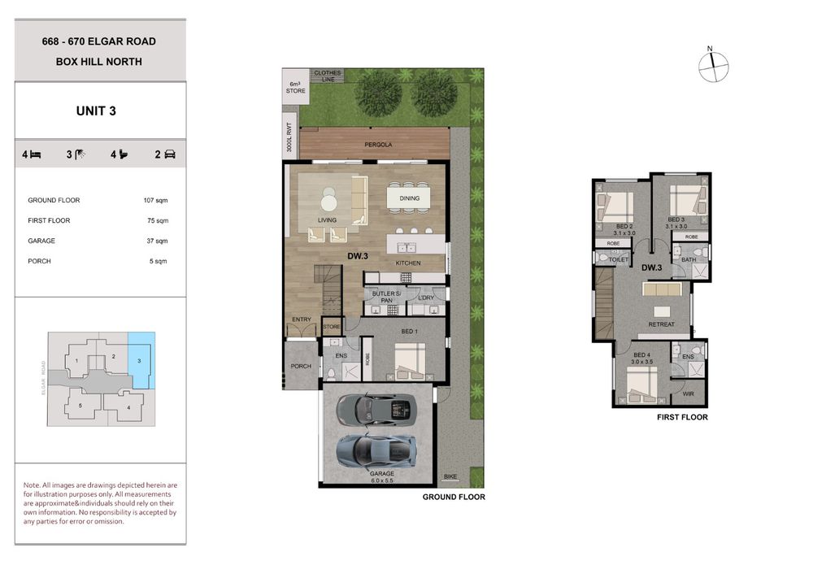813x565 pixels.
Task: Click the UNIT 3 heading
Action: tap(96, 111)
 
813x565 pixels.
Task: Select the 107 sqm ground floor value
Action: tap(155, 200)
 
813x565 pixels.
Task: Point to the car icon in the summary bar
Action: tap(170, 154)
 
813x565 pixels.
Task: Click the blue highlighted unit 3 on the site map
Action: tap(141, 361)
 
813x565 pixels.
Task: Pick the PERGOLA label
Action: tap(378, 145)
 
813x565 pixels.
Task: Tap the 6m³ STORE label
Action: tap(296, 87)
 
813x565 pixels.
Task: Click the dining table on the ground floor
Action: tap(409, 198)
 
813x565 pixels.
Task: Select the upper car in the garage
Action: tap(376, 408)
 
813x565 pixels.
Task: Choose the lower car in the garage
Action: tap(376, 450)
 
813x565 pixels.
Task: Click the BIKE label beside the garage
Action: tap(450, 476)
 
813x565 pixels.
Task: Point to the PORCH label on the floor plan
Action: tap(301, 366)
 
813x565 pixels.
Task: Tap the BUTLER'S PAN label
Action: tap(386, 297)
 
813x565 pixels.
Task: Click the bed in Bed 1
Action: tap(410, 362)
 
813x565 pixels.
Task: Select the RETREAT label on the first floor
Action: tap(662, 324)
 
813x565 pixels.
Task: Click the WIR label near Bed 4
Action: tap(688, 394)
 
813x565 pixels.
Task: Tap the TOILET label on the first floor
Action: tap(619, 259)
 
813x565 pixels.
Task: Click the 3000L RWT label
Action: tap(289, 137)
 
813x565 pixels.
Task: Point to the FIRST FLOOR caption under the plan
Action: tap(682, 417)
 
